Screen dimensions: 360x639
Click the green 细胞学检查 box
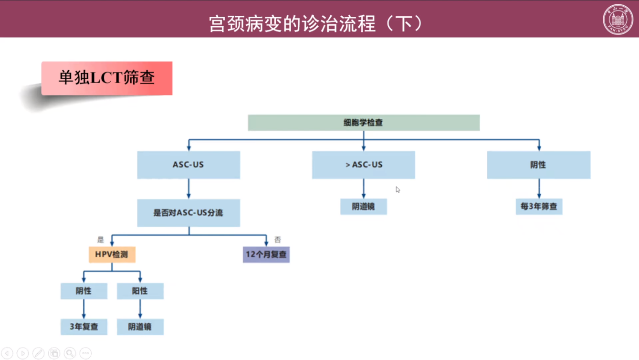pyautogui.click(x=364, y=123)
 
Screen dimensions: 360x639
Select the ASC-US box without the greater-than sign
pyautogui.click(x=189, y=165)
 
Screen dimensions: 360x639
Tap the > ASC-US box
pyautogui.click(x=364, y=165)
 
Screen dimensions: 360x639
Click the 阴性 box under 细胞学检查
pyautogui.click(x=538, y=165)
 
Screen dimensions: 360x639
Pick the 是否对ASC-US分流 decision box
pyautogui.click(x=189, y=213)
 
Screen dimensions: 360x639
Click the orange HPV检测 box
pyautogui.click(x=112, y=254)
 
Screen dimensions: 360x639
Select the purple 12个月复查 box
pyautogui.click(x=266, y=254)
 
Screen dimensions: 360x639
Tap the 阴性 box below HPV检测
pyautogui.click(x=84, y=291)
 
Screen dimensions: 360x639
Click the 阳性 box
pyautogui.click(x=140, y=291)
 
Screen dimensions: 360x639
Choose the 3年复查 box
pyautogui.click(x=84, y=327)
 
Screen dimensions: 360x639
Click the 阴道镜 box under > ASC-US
pyautogui.click(x=364, y=207)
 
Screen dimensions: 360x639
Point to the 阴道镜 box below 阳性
pyautogui.click(x=140, y=327)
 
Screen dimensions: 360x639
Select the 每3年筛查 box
pyautogui.click(x=539, y=207)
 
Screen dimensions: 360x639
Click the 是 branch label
pyautogui.click(x=101, y=240)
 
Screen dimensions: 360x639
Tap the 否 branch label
pyautogui.click(x=277, y=240)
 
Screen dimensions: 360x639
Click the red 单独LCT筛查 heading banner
pyautogui.click(x=107, y=78)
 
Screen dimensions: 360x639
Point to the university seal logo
pyautogui.click(x=618, y=20)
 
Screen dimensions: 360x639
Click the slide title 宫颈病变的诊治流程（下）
pyautogui.click(x=316, y=23)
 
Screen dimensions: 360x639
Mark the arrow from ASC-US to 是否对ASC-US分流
pyautogui.click(x=189, y=189)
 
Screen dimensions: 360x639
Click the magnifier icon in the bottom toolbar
pyautogui.click(x=70, y=353)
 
